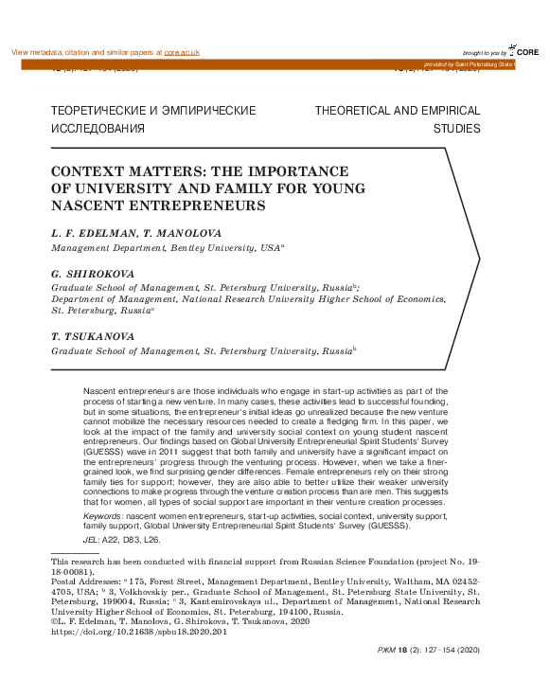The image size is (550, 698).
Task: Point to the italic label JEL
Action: tap(91, 538)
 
